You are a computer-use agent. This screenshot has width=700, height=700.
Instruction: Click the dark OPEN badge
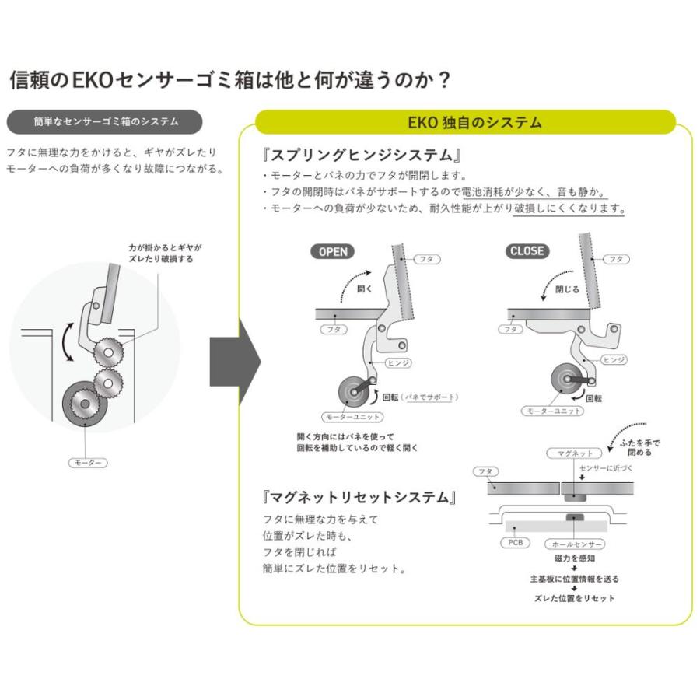tap(334, 251)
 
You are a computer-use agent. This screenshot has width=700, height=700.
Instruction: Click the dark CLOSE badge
tap(527, 251)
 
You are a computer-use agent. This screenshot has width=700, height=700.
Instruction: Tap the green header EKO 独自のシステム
tap(474, 123)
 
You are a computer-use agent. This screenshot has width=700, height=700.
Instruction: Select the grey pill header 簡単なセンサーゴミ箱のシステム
tap(106, 121)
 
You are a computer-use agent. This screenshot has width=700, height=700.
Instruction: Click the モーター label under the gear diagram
tap(87, 462)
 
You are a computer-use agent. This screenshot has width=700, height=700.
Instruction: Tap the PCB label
tap(514, 543)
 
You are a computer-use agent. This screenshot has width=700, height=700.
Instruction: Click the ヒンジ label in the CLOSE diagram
tap(614, 360)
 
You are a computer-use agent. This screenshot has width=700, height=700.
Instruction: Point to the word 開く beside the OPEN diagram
tap(365, 288)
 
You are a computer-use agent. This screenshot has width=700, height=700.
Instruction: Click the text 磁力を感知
tap(575, 558)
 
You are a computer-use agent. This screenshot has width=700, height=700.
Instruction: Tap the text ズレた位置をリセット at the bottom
tap(575, 598)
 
